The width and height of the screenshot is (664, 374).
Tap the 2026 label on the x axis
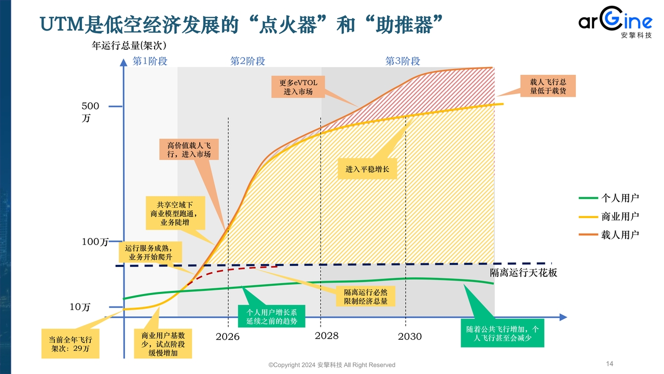(228, 337)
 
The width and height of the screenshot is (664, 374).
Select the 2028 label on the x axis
(327, 336)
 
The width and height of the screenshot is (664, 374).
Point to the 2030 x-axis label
(410, 337)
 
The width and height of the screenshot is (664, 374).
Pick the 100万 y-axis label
(95, 242)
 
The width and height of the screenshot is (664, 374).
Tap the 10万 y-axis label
(80, 307)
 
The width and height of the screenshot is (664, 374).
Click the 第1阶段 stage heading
(150, 61)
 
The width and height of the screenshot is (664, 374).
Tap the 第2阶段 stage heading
(247, 61)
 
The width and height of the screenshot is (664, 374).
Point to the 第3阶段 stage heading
(403, 61)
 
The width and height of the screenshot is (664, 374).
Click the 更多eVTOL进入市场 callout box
(298, 87)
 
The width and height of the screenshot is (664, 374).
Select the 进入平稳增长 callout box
(367, 169)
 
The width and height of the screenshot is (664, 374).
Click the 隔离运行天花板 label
(523, 273)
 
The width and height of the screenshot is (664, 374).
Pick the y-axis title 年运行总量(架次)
(129, 45)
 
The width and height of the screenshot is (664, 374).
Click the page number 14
(610, 364)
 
